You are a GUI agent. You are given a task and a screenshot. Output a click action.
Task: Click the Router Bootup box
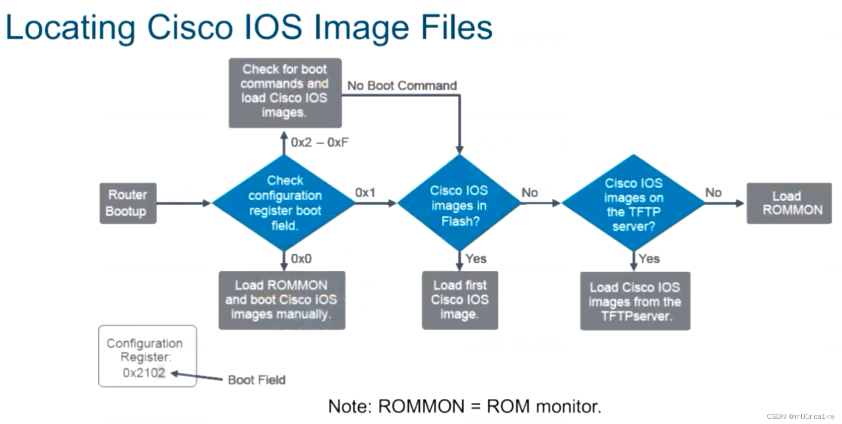tap(128, 203)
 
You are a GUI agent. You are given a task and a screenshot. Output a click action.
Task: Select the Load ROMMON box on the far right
tap(789, 203)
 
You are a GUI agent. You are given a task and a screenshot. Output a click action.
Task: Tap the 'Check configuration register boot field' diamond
tap(284, 203)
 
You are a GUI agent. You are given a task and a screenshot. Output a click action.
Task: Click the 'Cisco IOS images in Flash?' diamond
tap(459, 204)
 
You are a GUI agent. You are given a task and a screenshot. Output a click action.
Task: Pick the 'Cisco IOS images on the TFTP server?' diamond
tap(633, 204)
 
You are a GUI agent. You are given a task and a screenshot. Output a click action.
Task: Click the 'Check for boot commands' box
tap(285, 92)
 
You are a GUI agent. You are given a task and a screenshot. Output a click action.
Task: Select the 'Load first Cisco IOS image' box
tap(460, 300)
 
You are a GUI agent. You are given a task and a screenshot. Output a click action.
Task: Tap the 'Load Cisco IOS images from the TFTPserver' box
tap(635, 301)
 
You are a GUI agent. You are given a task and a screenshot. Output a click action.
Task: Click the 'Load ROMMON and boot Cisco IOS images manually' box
tap(282, 300)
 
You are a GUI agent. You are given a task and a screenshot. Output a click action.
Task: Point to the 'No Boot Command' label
tap(402, 86)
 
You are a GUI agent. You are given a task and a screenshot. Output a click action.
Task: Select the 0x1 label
tap(365, 193)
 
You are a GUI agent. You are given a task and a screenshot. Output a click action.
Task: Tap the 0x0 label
tap(301, 259)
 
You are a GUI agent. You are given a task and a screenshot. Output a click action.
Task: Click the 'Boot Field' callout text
tap(256, 380)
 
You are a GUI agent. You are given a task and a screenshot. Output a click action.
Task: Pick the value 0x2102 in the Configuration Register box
tap(144, 373)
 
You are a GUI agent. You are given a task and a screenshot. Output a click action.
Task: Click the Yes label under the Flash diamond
tap(476, 259)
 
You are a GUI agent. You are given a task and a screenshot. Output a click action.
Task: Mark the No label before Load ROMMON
tap(713, 193)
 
